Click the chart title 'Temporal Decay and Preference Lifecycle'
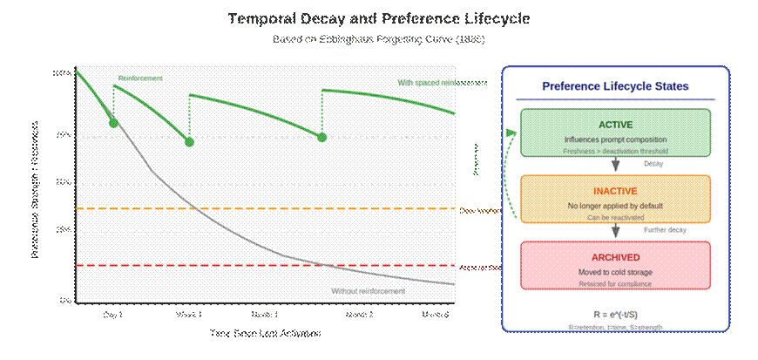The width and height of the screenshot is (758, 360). [x=378, y=18]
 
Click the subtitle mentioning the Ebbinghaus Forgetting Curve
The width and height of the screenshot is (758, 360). [x=378, y=40]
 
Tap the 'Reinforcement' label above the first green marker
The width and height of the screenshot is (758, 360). [x=140, y=78]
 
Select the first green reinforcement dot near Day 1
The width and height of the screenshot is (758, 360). [x=113, y=123]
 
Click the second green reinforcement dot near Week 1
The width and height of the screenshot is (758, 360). [x=189, y=141]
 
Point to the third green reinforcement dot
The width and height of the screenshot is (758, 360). [x=321, y=137]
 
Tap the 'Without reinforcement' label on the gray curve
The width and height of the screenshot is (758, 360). [x=368, y=290]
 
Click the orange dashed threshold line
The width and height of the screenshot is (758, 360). [x=261, y=209]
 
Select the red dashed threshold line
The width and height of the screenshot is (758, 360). [x=261, y=265]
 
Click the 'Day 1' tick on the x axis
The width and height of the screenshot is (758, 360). [x=112, y=314]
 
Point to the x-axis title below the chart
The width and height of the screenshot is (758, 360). [x=265, y=333]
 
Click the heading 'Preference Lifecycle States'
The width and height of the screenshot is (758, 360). [x=615, y=87]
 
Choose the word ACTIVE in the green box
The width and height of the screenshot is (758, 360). [x=615, y=125]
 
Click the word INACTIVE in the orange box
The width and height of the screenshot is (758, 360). [x=615, y=191]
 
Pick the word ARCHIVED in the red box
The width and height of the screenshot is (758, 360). [x=615, y=257]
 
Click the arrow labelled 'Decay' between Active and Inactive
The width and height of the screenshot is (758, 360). [x=616, y=165]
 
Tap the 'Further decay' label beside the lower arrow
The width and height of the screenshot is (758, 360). [x=665, y=230]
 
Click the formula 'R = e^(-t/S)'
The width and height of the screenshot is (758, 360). [x=615, y=314]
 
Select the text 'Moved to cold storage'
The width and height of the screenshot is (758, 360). [x=615, y=273]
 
